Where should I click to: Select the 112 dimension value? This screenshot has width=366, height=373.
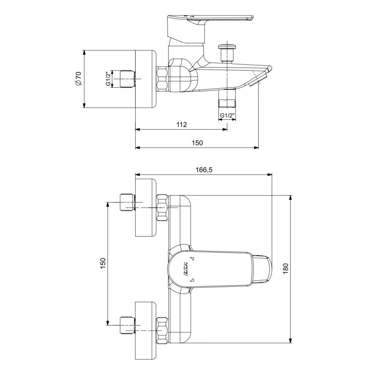(x=181, y=124)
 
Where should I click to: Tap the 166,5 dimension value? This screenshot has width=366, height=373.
(x=204, y=169)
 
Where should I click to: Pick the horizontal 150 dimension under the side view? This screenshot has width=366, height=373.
(x=197, y=143)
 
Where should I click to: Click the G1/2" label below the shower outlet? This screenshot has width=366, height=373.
(x=228, y=115)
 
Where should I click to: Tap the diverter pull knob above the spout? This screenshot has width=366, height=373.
(x=226, y=49)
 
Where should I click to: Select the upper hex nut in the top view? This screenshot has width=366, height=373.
(x=162, y=207)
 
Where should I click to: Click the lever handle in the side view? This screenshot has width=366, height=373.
(x=210, y=19)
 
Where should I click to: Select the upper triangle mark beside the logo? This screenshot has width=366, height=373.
(x=192, y=259)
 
